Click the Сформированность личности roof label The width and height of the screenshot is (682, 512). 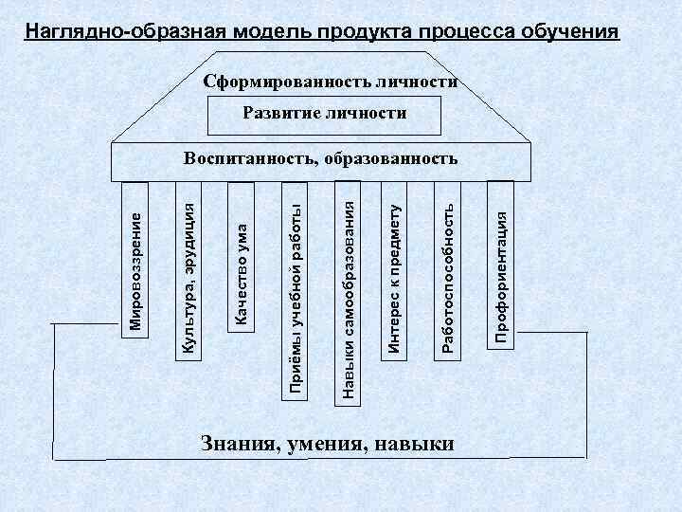[332, 82]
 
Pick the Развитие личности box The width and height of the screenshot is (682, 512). [325, 114]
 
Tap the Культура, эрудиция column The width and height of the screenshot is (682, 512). [188, 275]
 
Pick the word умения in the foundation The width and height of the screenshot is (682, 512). [327, 445]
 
